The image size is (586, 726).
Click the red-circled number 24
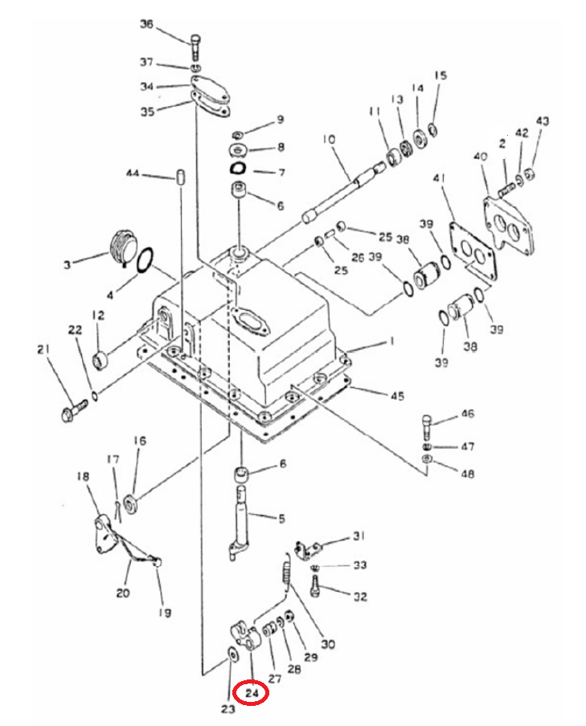(251, 693)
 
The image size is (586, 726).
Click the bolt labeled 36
(195, 46)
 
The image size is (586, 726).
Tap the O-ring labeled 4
(146, 260)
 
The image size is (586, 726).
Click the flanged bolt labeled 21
(74, 410)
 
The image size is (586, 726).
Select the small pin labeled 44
(181, 177)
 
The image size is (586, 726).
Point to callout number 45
(397, 396)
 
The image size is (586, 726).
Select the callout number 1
(391, 341)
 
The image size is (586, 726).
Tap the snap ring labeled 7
(238, 168)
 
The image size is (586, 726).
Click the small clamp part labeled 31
(307, 549)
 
